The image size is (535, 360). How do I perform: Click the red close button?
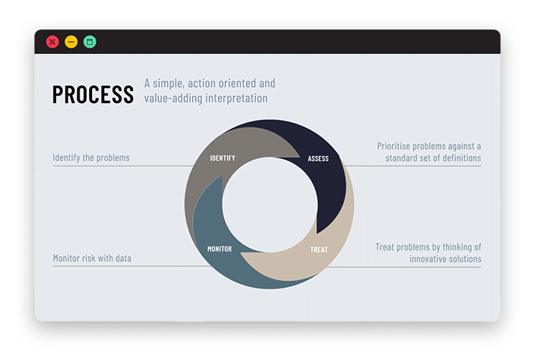(x=52, y=42)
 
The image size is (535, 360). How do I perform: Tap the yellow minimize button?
(x=71, y=42)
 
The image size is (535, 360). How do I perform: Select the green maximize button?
(x=90, y=42)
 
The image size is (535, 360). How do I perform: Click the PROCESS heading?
(x=93, y=94)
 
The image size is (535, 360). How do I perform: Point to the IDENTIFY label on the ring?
(x=222, y=158)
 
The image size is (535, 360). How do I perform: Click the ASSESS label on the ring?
(x=318, y=159)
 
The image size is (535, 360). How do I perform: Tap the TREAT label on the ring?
(x=319, y=250)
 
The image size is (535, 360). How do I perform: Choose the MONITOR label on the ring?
(x=219, y=249)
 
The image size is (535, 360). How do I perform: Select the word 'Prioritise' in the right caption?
(x=394, y=146)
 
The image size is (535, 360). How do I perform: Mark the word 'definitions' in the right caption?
(x=461, y=158)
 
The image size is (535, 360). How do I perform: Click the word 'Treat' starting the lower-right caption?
(x=385, y=247)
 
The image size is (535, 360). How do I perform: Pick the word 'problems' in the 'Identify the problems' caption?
(x=113, y=158)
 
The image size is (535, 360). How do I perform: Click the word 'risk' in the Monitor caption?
(x=88, y=258)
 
